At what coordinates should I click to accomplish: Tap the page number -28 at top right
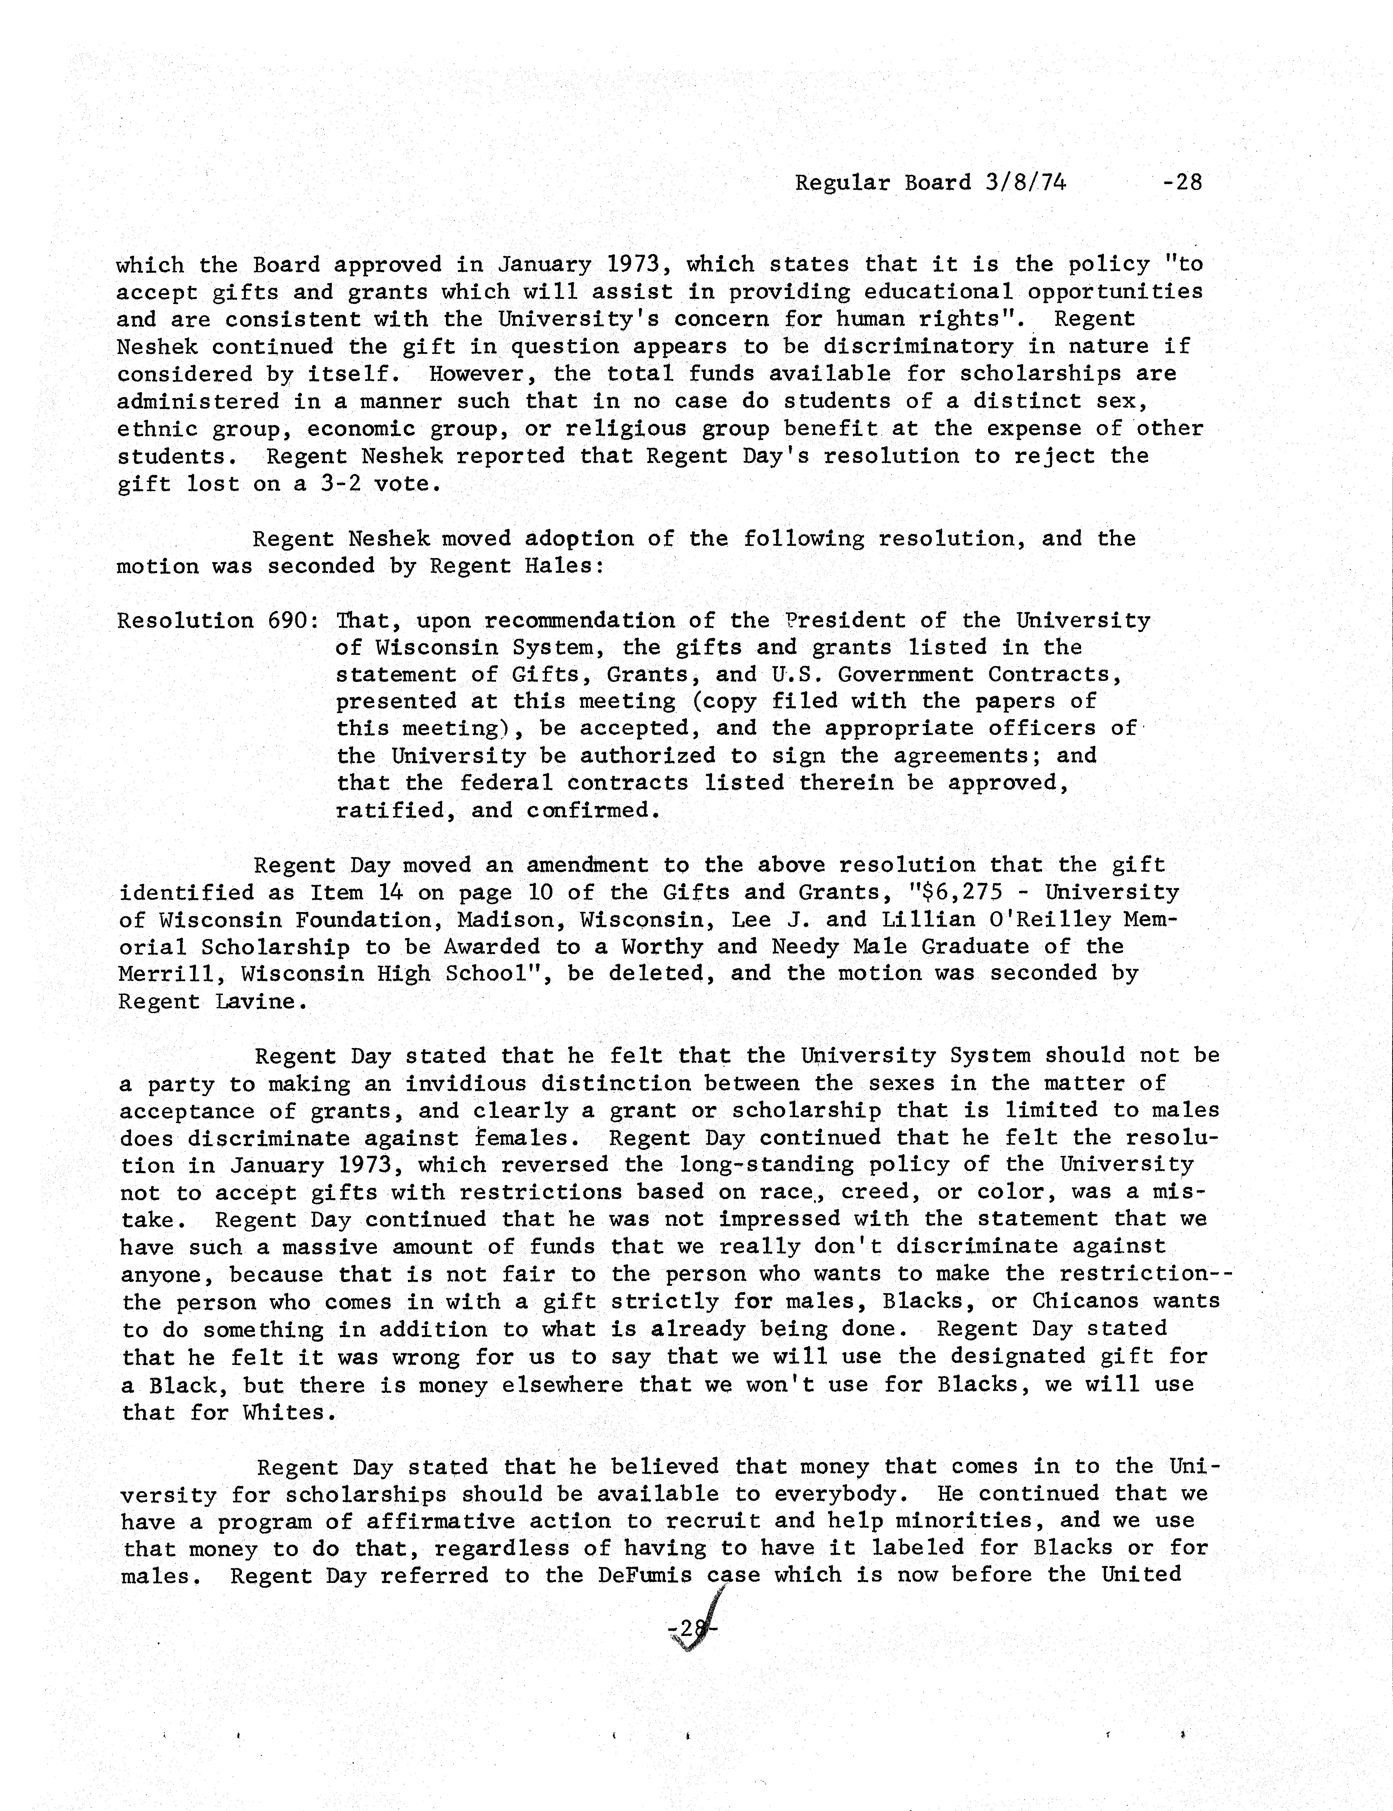(1182, 182)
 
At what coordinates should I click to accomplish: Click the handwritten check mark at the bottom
(696, 1627)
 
